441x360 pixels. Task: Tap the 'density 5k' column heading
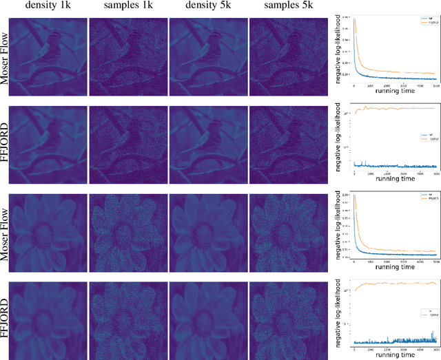tap(208, 7)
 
